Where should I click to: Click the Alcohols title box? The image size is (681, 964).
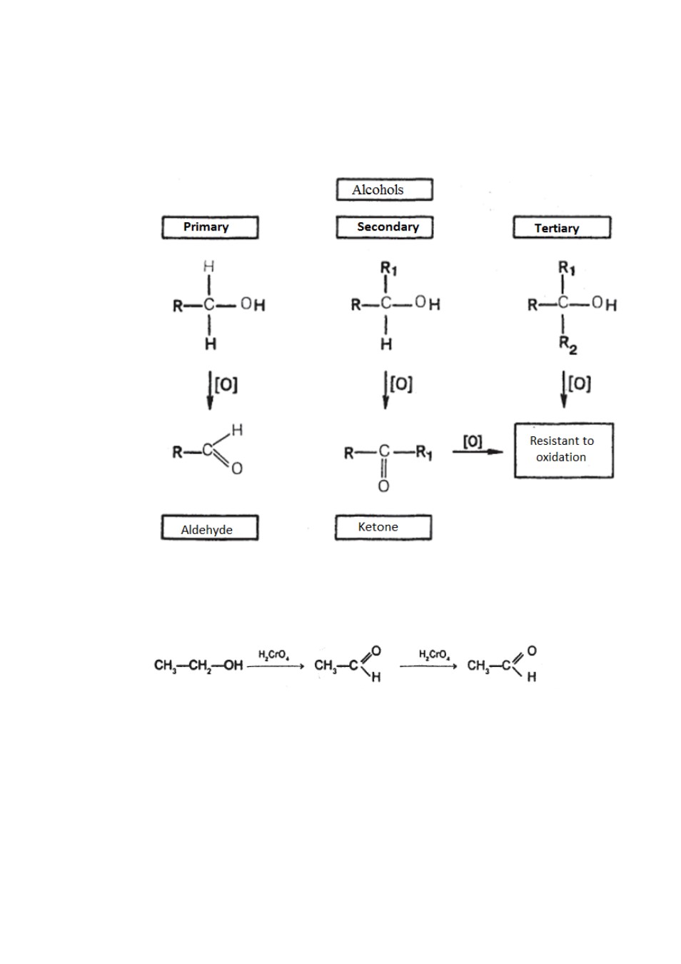[384, 189]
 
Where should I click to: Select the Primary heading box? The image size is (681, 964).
[210, 227]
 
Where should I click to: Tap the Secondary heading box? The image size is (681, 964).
[385, 227]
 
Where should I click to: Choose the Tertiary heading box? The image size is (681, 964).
[561, 227]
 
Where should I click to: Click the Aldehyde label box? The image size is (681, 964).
[209, 527]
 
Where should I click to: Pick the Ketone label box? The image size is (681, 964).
[383, 527]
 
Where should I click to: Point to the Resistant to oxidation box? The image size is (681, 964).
[563, 450]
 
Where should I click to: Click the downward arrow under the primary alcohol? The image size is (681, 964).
[210, 391]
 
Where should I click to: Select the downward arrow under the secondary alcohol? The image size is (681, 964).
[385, 390]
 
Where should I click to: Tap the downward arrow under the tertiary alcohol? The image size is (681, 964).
[563, 389]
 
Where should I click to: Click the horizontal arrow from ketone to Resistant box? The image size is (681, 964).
[478, 451]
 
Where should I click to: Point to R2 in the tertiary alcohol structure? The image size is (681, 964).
[567, 345]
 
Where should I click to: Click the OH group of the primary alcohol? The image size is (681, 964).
[253, 305]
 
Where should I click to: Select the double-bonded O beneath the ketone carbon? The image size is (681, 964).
[383, 486]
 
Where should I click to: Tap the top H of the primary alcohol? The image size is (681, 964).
[208, 267]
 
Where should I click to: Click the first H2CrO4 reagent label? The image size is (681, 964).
[273, 656]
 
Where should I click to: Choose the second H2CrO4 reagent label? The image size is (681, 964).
[435, 655]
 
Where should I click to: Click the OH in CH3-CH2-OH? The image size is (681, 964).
[233, 666]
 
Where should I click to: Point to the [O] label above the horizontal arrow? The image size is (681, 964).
[473, 441]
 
